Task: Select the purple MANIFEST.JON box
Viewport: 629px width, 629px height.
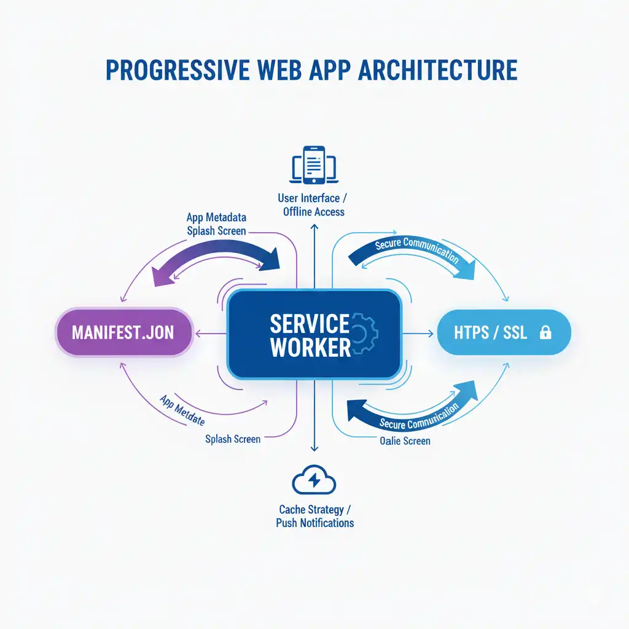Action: tap(123, 332)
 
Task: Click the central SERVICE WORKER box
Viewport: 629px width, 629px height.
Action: tap(314, 334)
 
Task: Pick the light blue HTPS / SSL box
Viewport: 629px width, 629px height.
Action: tap(504, 332)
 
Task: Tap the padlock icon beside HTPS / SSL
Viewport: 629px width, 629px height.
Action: tap(545, 333)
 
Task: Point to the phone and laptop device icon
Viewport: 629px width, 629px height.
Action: tap(314, 165)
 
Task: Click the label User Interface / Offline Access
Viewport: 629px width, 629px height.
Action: tap(314, 205)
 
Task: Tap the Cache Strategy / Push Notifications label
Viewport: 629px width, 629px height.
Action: tap(314, 516)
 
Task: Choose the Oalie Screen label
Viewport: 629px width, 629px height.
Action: tap(405, 440)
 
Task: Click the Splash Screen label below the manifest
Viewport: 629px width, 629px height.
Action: tap(233, 439)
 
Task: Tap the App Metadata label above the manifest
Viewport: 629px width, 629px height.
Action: tap(216, 217)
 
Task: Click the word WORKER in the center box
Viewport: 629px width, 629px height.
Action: tap(310, 348)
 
